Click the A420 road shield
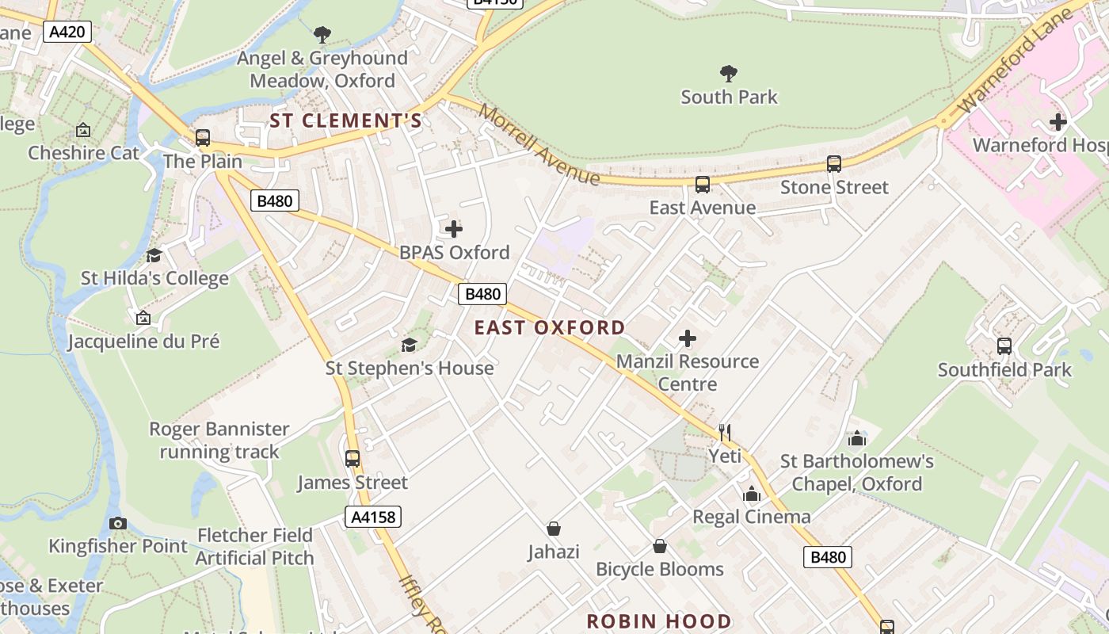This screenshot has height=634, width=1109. click(68, 32)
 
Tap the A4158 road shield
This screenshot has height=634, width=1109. click(374, 518)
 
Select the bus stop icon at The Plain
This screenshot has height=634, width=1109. click(203, 138)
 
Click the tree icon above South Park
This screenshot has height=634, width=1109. click(729, 74)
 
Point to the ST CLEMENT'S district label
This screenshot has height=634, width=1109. click(346, 120)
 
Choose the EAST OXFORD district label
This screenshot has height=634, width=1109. click(550, 327)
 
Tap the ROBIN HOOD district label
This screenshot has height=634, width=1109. click(659, 621)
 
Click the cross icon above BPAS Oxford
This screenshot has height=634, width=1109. click(454, 229)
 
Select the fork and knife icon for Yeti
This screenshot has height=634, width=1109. click(725, 432)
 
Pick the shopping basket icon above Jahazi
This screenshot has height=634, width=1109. click(554, 528)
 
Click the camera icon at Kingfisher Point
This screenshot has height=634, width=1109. click(118, 523)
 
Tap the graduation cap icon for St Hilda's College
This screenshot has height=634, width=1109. click(154, 255)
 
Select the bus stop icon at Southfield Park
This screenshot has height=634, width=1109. click(1004, 346)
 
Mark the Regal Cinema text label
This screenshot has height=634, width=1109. click(752, 517)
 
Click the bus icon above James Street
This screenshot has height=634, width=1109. click(353, 459)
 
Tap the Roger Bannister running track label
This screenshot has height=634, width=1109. click(219, 441)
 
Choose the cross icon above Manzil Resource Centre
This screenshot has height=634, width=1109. click(688, 338)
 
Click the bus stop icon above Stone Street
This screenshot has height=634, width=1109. click(834, 164)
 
